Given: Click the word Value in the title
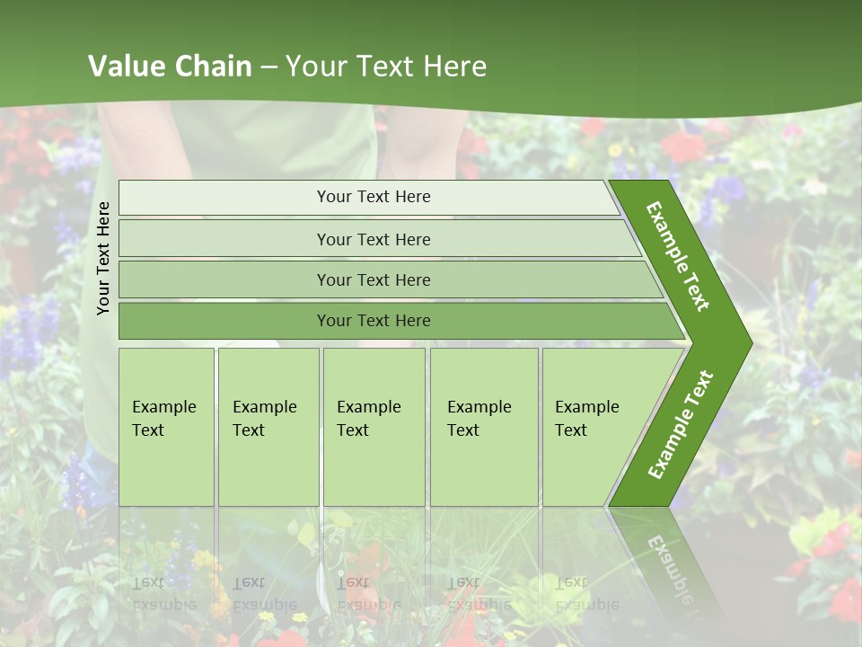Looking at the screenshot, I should [124, 66].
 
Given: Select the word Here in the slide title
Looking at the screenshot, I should [454, 66].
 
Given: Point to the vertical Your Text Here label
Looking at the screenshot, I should [103, 258].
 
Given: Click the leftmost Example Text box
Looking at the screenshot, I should [166, 427].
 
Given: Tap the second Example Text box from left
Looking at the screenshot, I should [268, 427].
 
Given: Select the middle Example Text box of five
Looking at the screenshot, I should [374, 427].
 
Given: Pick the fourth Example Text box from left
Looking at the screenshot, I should [484, 427].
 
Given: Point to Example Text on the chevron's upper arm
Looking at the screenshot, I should [678, 256].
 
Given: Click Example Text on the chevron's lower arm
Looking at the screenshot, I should [681, 424].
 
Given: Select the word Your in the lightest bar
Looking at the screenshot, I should [333, 197].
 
